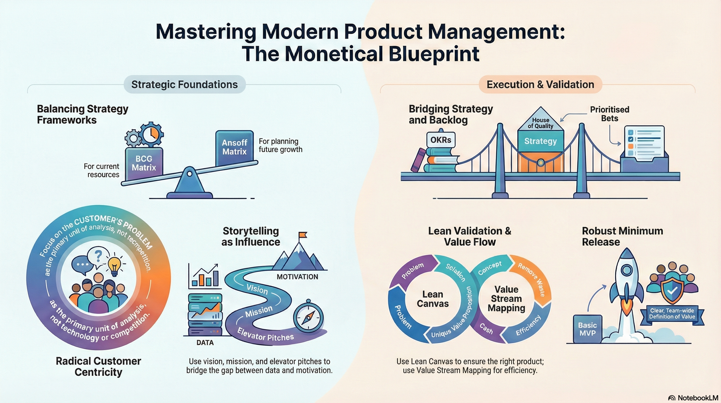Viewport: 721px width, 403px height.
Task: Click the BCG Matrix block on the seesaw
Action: tap(144, 163)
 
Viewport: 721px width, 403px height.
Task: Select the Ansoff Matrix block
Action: tap(234, 147)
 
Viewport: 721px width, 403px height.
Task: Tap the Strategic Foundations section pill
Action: tap(185, 84)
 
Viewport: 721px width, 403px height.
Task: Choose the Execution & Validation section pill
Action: tap(540, 84)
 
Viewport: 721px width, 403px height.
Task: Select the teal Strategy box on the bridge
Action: tap(540, 141)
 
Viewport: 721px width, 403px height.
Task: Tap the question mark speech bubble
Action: tap(98, 256)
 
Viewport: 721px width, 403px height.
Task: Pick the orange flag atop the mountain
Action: tap(303, 235)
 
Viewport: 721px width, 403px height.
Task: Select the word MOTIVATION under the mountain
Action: tap(297, 277)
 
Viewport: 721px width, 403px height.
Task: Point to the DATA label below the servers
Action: tap(205, 343)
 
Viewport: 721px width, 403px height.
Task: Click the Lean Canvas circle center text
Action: tap(433, 299)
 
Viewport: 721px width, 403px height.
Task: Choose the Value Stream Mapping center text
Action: tap(506, 299)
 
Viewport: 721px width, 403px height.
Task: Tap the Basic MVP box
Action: tap(587, 329)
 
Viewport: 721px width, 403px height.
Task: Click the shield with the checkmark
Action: tap(672, 291)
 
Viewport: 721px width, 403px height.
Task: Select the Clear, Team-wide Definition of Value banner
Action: tap(672, 314)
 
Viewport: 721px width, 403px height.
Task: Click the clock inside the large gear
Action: tap(151, 134)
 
